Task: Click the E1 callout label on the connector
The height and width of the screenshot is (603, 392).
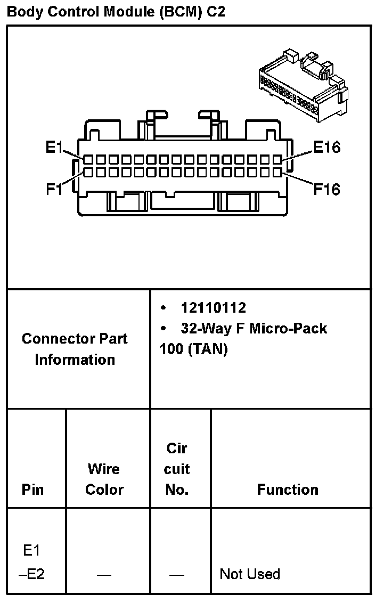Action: tap(54, 148)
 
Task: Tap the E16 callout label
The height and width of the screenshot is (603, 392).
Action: tap(326, 148)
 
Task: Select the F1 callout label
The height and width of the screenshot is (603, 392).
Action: tap(54, 189)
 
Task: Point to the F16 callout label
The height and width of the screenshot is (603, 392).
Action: tap(326, 189)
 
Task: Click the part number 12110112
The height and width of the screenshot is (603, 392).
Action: tap(213, 308)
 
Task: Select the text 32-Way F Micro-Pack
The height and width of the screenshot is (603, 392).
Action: tap(254, 328)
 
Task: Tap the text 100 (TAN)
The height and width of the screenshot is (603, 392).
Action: tap(193, 349)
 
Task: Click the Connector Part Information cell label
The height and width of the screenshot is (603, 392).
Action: tap(75, 349)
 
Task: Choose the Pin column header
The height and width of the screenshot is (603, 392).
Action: tap(33, 490)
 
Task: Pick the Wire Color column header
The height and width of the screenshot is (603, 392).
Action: tap(104, 479)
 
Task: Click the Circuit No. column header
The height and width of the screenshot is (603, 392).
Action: tap(177, 469)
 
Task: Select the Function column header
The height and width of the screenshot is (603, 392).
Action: tap(288, 490)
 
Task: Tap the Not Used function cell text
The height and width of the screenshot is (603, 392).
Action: tap(250, 574)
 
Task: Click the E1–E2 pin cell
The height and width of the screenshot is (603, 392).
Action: tap(32, 561)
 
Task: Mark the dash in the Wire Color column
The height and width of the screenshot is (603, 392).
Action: tap(104, 574)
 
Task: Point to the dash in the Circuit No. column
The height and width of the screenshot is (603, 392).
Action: tap(177, 574)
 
